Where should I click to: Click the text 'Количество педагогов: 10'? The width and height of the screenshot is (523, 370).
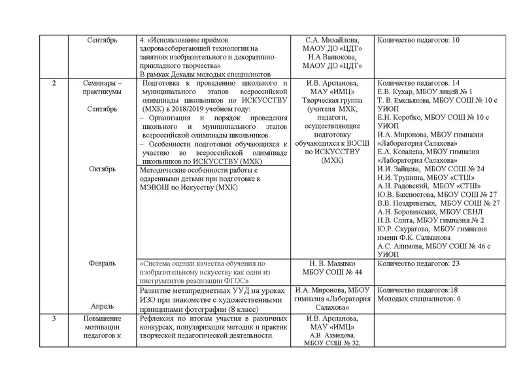419,40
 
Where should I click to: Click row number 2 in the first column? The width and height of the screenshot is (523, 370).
54,83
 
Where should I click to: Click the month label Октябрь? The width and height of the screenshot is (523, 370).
102,169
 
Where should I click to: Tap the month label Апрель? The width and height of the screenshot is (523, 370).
102,305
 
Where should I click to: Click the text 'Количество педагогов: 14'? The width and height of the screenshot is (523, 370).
419,83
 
